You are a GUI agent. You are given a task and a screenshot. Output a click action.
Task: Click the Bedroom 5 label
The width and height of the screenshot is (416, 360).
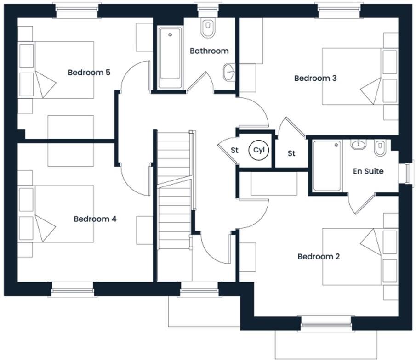pos(89,73)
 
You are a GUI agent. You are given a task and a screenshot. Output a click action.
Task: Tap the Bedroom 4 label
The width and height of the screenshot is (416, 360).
pos(95,219)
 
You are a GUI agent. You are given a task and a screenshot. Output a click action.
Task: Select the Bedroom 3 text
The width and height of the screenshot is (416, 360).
pos(315,78)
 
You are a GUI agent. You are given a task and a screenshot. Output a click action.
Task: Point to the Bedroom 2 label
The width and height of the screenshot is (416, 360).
pos(319,256)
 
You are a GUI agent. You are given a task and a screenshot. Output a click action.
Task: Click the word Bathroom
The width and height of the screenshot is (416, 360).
pos(209,51)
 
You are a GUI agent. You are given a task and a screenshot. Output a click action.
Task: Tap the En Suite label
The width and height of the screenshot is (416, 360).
pos(368,171)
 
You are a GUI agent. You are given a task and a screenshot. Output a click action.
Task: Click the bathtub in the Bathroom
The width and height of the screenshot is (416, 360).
pos(170,58)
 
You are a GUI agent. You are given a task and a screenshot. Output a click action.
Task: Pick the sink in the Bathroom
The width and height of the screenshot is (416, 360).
pos(228,72)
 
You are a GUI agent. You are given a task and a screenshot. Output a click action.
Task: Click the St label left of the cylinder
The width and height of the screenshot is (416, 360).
pos(234,150)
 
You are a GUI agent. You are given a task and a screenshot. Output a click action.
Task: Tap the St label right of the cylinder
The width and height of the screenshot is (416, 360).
pos(291,153)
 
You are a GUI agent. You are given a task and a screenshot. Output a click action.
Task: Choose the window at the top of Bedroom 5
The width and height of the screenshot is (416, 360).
pos(77,9)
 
